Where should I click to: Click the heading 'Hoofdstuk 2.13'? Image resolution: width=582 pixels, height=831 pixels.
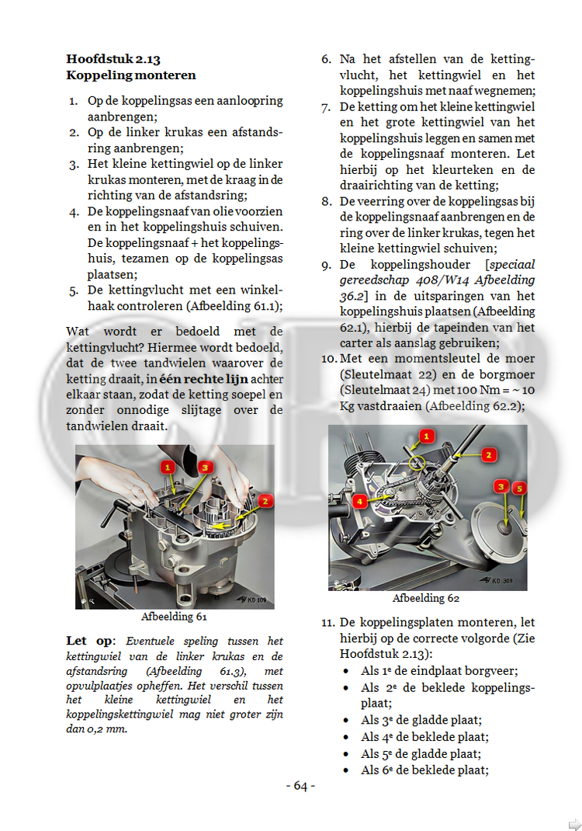click(113, 59)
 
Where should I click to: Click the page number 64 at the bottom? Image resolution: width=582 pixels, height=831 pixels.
click(300, 786)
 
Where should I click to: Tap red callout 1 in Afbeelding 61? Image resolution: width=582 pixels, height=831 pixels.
click(168, 467)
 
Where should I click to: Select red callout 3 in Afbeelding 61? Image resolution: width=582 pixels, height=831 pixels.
click(204, 467)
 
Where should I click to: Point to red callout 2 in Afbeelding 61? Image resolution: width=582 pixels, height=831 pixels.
click(265, 502)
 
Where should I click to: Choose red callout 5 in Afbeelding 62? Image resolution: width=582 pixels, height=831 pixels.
click(520, 488)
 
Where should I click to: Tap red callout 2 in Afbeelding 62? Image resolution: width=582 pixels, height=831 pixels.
click(489, 455)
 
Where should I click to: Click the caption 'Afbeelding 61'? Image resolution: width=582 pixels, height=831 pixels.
click(174, 617)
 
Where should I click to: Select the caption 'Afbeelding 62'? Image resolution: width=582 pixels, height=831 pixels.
click(426, 598)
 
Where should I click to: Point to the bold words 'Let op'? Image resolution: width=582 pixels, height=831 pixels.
click(88, 641)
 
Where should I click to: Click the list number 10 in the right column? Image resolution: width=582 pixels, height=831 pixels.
click(328, 358)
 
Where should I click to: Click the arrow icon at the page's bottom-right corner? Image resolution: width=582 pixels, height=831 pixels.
click(573, 824)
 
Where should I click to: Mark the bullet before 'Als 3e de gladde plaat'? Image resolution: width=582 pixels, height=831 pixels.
click(346, 720)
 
